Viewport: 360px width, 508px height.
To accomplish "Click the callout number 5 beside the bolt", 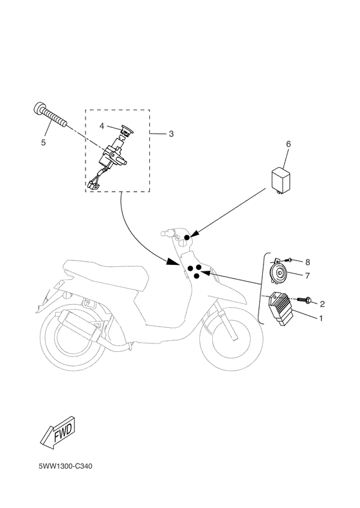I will click(43, 142).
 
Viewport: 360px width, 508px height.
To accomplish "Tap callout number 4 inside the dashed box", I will click(102, 126).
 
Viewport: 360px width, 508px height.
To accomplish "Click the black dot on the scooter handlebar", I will click(187, 239).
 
